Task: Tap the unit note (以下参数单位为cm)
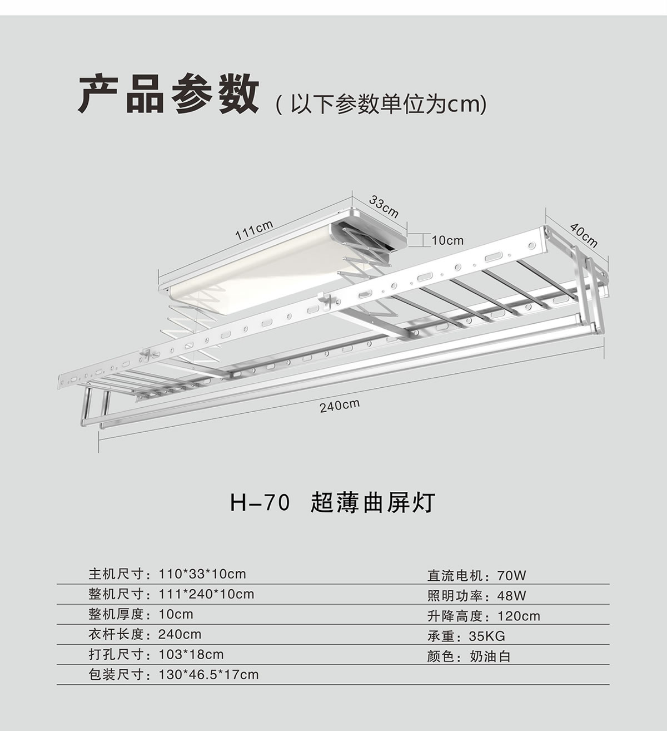tap(381, 104)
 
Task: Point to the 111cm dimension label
tap(254, 230)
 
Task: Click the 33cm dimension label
tap(384, 205)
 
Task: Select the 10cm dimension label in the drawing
tap(447, 240)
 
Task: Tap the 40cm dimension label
tap(584, 235)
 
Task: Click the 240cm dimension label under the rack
tap(340, 406)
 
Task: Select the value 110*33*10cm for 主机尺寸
tap(202, 574)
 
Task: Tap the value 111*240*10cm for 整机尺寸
tap(206, 594)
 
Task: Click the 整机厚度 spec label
tap(116, 614)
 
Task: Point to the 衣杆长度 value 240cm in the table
tap(180, 634)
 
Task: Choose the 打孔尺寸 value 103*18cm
tap(191, 654)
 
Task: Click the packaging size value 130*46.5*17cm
tap(208, 675)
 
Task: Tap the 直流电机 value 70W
tap(511, 575)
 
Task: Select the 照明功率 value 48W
tap(511, 596)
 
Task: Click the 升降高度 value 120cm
tap(519, 616)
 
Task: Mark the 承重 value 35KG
tap(487, 636)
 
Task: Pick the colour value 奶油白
tap(490, 656)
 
